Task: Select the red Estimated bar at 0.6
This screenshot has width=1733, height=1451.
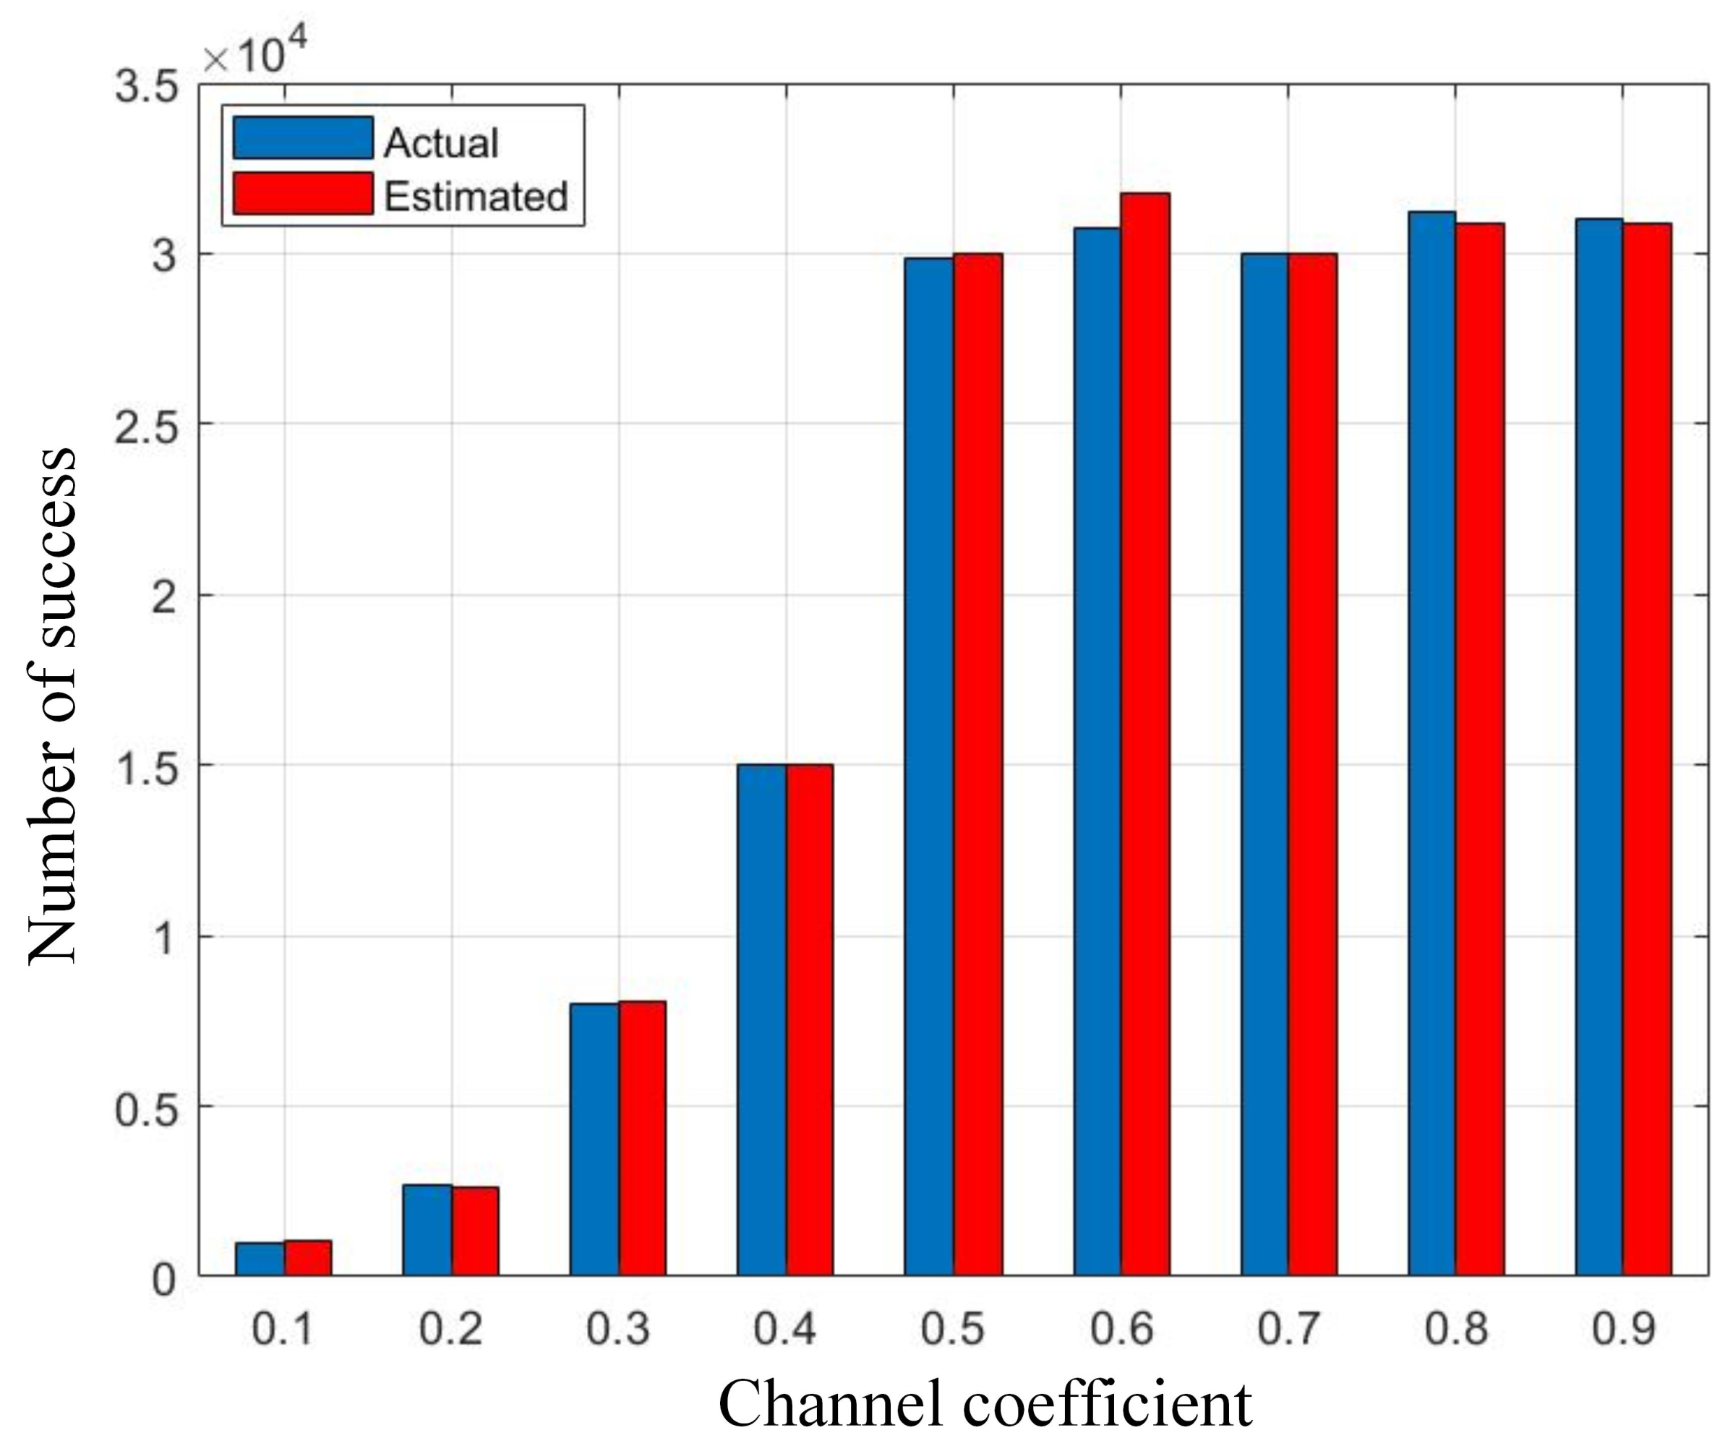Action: tap(1144, 734)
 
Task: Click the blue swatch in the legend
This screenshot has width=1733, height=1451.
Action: tap(302, 138)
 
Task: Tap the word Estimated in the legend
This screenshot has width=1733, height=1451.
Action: tap(475, 197)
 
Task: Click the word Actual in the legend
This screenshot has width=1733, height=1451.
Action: tap(441, 143)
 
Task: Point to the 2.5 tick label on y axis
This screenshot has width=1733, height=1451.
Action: tap(147, 424)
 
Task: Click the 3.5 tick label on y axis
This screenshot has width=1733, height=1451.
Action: tap(147, 85)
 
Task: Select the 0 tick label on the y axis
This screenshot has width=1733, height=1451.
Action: tap(163, 1280)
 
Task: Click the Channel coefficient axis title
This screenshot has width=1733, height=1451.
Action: tap(985, 1403)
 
